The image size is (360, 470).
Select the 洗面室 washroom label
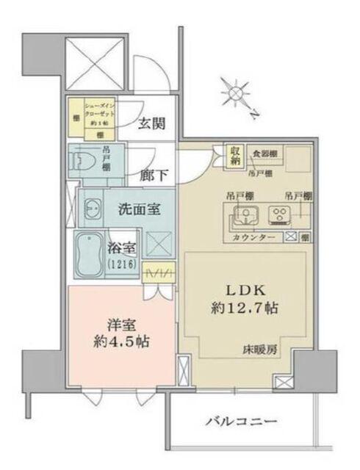click(139, 209)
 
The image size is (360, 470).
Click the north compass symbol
click(237, 94)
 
